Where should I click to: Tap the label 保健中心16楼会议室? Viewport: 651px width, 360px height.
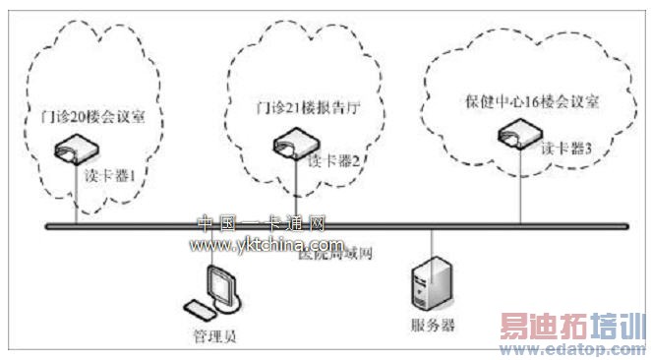click(531, 101)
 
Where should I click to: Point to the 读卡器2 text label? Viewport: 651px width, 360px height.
click(331, 160)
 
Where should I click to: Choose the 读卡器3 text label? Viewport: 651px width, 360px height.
click(566, 149)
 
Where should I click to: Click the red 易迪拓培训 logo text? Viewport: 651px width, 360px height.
click(573, 325)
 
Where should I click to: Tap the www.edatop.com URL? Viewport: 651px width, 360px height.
click(577, 346)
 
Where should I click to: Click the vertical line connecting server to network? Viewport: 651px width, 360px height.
click(433, 243)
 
